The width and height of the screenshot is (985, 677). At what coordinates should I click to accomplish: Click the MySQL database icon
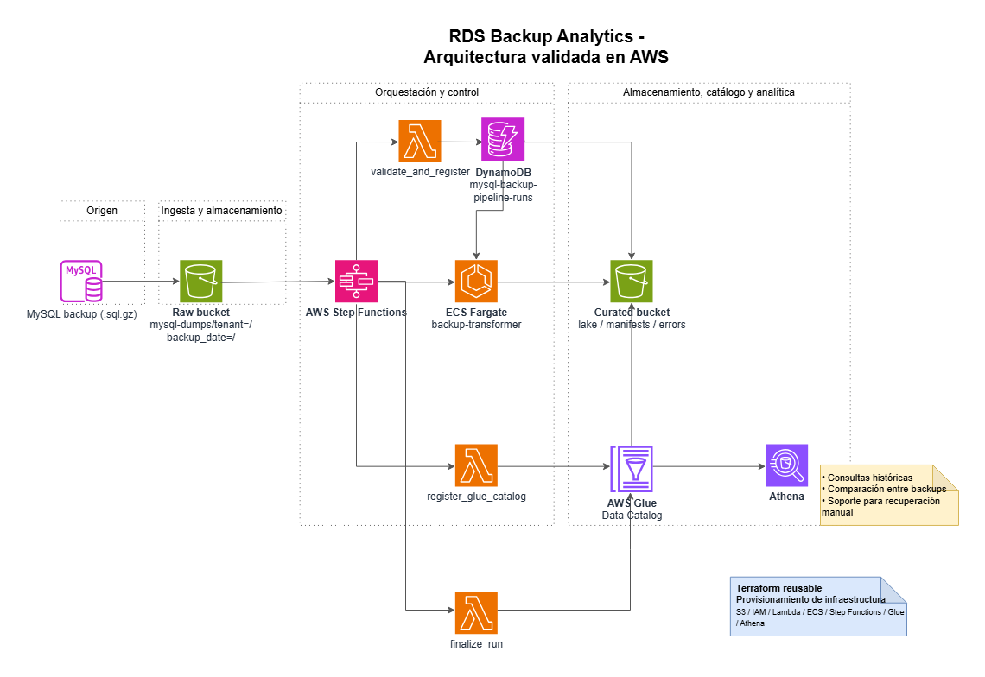tap(80, 282)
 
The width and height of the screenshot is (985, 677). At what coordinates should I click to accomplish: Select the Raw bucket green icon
tap(201, 282)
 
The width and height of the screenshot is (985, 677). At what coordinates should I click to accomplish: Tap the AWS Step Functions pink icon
tap(356, 281)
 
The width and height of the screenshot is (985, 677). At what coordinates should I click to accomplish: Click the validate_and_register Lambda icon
tap(420, 141)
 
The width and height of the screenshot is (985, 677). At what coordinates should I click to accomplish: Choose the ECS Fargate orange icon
tap(476, 281)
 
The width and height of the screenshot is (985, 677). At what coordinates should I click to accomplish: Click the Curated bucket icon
tap(632, 281)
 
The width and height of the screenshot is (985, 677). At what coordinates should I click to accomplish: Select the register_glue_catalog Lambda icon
tap(476, 466)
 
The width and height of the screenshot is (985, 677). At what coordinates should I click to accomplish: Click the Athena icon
tap(786, 465)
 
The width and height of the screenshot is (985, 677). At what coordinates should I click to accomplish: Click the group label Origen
tap(102, 211)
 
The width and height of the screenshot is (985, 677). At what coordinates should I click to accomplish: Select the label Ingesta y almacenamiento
tap(223, 211)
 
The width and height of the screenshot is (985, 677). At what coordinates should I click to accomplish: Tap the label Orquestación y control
tap(427, 92)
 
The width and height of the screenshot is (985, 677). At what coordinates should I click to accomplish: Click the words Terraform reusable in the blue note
tap(772, 587)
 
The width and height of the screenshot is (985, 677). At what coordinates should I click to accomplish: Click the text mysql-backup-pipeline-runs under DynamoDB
tap(502, 191)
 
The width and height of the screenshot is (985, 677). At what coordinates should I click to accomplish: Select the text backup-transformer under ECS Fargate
tap(476, 325)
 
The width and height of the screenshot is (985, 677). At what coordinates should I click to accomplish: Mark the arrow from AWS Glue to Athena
tap(709, 466)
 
